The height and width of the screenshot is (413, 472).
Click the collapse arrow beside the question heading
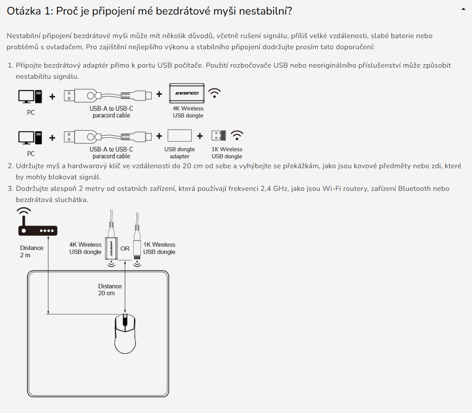pos(463,9)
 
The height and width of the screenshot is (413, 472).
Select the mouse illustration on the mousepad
pos(125,332)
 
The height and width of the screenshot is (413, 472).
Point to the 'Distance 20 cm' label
pos(110,290)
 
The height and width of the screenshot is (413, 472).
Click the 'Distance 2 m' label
pos(32,251)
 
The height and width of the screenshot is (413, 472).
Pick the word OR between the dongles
pos(125,249)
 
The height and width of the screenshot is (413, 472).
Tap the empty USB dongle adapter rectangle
pos(179,136)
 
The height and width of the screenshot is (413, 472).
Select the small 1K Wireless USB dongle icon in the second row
pos(218,136)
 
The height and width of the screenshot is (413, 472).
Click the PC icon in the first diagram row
pos(30,96)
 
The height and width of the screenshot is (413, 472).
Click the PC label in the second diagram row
pos(30,154)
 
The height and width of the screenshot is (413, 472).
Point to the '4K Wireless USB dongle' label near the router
pos(85,248)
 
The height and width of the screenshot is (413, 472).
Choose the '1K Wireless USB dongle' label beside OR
pos(159,248)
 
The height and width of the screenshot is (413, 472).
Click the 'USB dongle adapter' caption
pos(179,153)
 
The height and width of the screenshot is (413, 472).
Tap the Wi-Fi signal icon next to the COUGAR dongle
pos(214,93)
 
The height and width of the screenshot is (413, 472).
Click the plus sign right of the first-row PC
pos(52,97)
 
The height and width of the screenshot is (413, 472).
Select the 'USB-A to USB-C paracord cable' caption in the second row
pos(111,153)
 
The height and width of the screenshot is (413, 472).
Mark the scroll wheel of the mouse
pos(125,320)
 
